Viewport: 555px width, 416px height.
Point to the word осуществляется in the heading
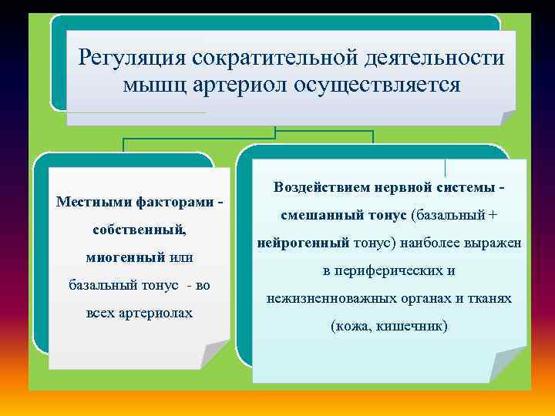click(x=376, y=84)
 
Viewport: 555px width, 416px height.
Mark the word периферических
click(x=390, y=270)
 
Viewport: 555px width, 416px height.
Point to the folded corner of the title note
click(x=507, y=117)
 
